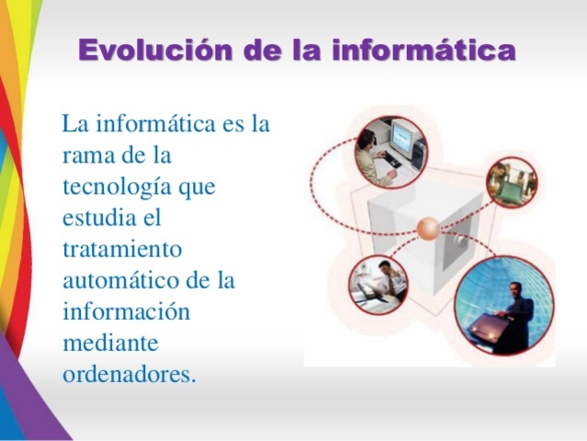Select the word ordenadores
129,374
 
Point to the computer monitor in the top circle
403,138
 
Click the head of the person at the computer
367,138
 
